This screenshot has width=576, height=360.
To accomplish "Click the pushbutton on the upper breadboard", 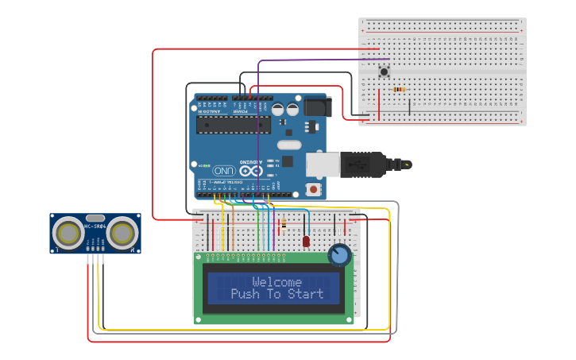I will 385,72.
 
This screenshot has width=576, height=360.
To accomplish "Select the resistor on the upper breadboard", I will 399,90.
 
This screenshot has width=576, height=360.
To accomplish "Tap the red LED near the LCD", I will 306,240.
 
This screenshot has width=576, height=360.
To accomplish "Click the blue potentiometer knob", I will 340,255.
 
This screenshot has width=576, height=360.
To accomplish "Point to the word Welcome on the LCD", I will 276,282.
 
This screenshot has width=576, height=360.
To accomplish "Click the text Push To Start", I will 276,294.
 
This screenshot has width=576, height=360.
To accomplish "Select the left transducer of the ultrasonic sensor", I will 69,233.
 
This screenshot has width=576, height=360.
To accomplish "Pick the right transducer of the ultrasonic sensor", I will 122,233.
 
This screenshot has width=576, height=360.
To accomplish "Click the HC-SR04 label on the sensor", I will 95,227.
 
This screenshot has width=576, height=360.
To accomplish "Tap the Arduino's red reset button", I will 314,189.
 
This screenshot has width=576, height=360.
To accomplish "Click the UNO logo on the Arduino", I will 223,170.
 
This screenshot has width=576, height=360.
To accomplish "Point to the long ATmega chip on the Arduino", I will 234,125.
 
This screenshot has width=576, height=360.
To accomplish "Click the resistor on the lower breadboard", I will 284,224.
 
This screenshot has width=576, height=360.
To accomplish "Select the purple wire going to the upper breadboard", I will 318,60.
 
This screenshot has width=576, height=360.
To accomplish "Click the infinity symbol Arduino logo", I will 250,170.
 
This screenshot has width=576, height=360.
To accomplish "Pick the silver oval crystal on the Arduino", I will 289,145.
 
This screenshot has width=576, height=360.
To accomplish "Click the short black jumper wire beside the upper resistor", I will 410,105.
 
